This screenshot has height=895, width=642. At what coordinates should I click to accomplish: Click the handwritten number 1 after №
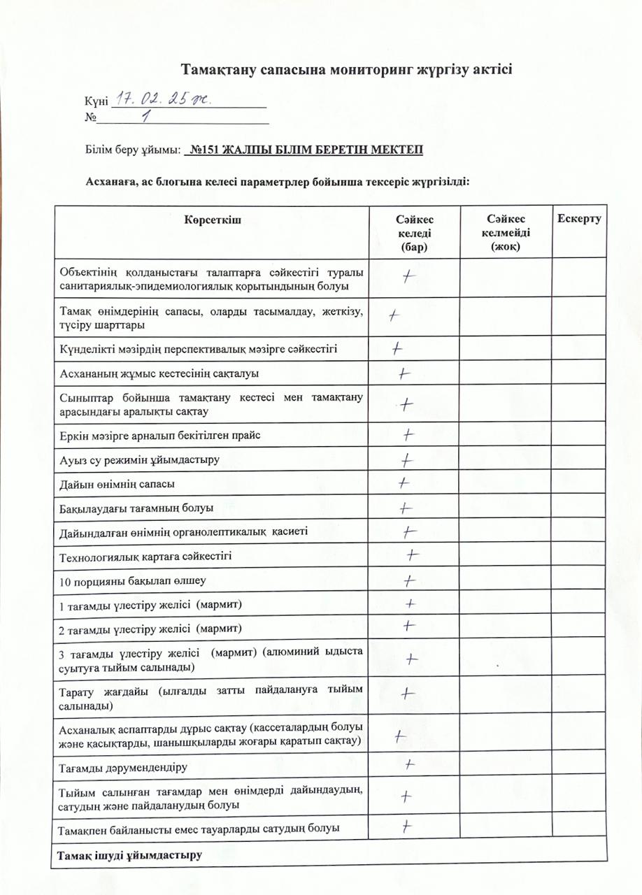(x=146, y=117)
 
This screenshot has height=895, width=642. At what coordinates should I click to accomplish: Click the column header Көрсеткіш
(x=213, y=220)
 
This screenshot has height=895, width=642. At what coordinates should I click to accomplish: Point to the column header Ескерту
(x=579, y=219)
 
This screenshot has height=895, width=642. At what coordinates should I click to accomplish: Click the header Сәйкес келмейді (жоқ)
(x=506, y=233)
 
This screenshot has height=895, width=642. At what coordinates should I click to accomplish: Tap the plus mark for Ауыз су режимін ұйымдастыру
(x=406, y=460)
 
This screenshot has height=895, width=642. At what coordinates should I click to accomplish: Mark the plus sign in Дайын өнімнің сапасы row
(x=404, y=482)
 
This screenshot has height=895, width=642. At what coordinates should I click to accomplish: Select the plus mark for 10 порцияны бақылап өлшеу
(x=409, y=580)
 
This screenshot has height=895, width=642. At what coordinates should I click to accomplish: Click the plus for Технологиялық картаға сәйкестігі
(x=413, y=555)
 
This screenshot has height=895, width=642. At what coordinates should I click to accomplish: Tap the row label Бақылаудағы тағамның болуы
(x=136, y=508)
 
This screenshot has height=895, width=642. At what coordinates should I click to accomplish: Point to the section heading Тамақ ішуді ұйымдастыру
(x=129, y=854)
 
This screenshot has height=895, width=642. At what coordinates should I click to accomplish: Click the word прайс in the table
(x=244, y=436)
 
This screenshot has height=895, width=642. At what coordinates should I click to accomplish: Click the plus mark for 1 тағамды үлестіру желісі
(x=410, y=603)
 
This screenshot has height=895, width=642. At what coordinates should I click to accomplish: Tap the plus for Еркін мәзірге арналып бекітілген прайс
(x=409, y=435)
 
